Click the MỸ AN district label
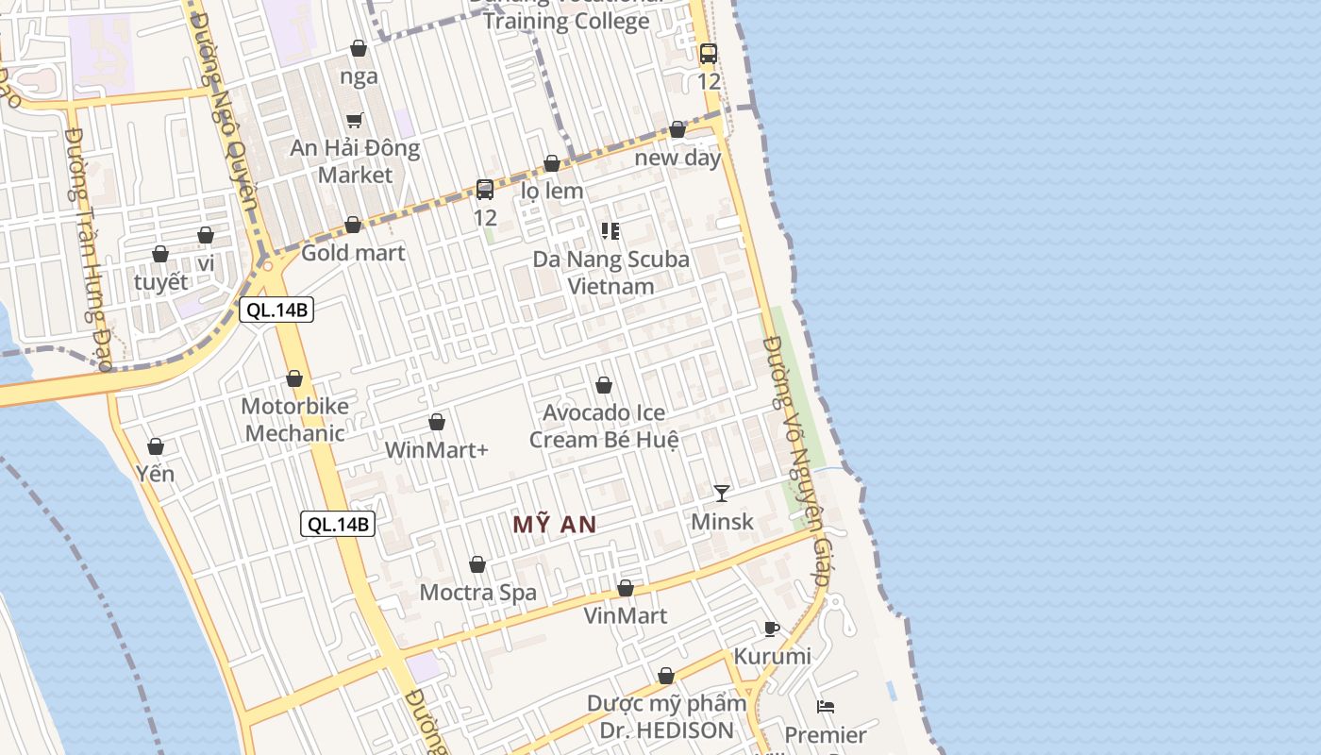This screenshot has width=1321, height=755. point(555,525)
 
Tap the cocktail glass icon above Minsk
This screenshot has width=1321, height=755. point(722,493)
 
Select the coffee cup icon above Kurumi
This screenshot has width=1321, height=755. point(771,629)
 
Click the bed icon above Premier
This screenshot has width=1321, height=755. point(826,706)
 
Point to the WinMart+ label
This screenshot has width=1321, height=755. point(436,450)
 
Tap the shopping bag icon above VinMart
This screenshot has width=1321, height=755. point(625,589)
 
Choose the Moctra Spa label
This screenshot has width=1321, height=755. point(477,593)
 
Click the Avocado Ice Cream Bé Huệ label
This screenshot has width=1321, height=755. point(604,427)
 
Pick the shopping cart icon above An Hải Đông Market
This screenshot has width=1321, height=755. point(355,120)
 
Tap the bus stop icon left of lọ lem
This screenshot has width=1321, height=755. point(485,190)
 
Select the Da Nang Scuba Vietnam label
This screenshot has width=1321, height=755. point(610,272)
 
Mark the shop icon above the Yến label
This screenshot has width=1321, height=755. point(156,446)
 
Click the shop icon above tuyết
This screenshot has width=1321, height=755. point(160,255)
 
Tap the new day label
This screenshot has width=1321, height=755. point(677,158)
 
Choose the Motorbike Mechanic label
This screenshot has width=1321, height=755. point(294,420)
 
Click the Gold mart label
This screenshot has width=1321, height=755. point(353,253)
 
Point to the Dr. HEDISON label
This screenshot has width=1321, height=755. point(666,730)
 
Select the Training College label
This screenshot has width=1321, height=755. point(566,21)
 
